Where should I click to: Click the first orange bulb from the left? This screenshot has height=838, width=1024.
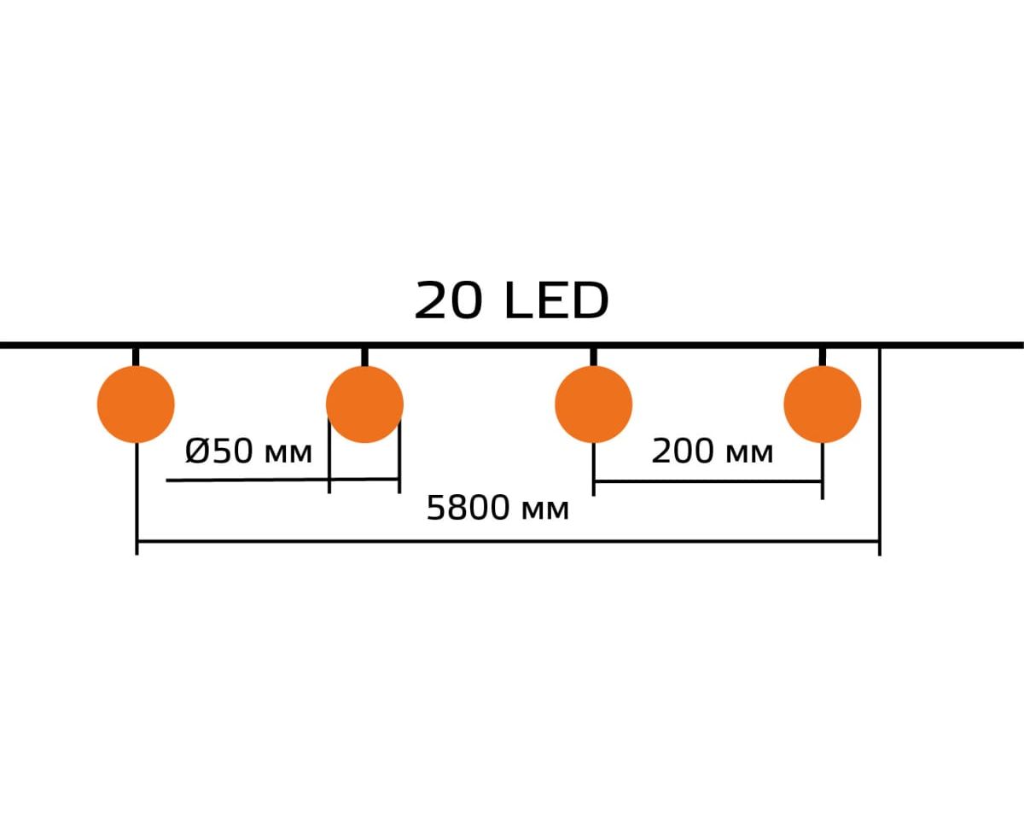pos(136,404)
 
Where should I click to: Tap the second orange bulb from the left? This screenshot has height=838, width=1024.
pos(364,404)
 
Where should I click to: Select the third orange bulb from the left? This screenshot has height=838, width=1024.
pos(593,404)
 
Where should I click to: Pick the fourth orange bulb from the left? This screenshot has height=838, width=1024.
pos(822,404)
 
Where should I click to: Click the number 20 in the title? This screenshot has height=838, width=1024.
pos(449,300)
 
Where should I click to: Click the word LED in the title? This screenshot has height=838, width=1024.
pos(557,300)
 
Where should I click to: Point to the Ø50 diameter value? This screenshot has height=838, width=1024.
pos(219,451)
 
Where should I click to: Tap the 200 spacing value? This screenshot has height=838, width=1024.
pos(684,451)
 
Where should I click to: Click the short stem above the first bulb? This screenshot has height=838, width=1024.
pos(136,357)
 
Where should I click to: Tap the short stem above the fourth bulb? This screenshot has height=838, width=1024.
pos(822,357)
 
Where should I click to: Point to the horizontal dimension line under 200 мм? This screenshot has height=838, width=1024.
pos(708,481)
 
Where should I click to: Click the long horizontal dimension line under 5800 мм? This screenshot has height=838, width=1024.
pos(509,540)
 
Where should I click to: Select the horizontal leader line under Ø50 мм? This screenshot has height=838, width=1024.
pos(282,480)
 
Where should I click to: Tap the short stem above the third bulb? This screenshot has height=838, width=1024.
pos(593,357)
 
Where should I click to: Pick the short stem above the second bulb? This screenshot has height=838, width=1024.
pos(364,357)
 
